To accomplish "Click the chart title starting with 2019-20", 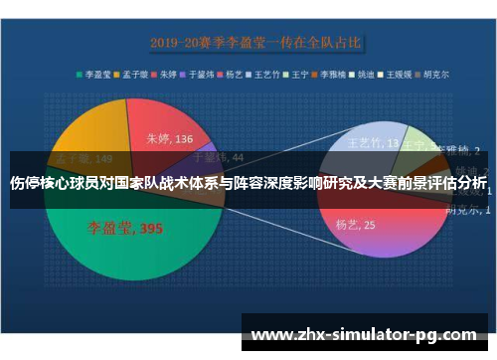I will coord(255,42).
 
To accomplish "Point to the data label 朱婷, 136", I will coord(169,139).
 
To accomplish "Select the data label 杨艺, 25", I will coord(355,225).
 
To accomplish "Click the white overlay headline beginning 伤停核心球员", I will coord(248,183).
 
